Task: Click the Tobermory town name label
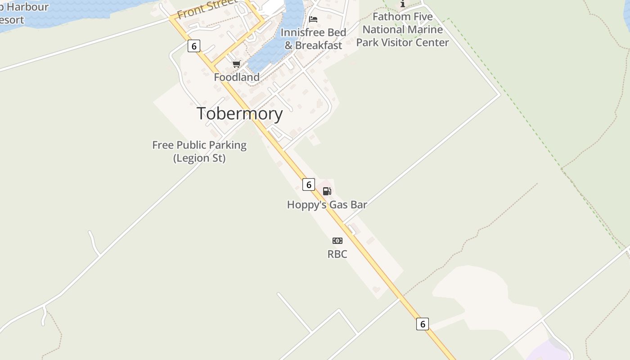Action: tap(240, 113)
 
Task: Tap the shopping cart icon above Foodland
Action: tap(237, 64)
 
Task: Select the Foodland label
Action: tap(237, 77)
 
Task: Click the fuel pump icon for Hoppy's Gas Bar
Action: tap(327, 191)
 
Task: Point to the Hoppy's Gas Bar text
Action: tap(327, 205)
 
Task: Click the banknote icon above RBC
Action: tap(337, 241)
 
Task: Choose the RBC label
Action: tap(337, 254)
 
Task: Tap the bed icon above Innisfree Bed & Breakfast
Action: tap(313, 19)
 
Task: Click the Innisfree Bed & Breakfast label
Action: tap(314, 39)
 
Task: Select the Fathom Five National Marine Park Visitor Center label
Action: tap(403, 30)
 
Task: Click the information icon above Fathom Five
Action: tap(403, 4)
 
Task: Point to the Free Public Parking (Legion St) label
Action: tap(199, 152)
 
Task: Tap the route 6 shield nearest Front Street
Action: tap(194, 46)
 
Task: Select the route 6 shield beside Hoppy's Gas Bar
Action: tap(309, 184)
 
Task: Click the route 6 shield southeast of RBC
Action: tap(423, 324)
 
